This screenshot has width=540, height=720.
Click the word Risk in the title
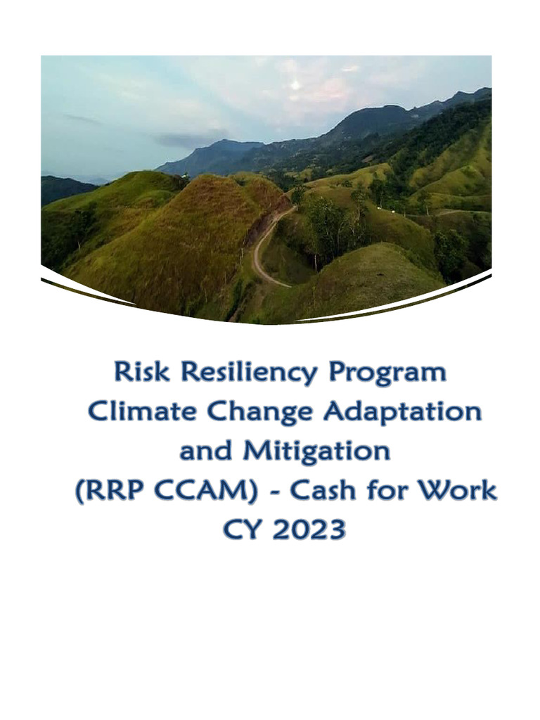tap(139, 371)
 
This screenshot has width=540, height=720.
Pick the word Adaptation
tap(402, 413)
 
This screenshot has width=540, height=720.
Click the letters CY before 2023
tap(240, 529)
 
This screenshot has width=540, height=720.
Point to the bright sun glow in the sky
tap(295, 84)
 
